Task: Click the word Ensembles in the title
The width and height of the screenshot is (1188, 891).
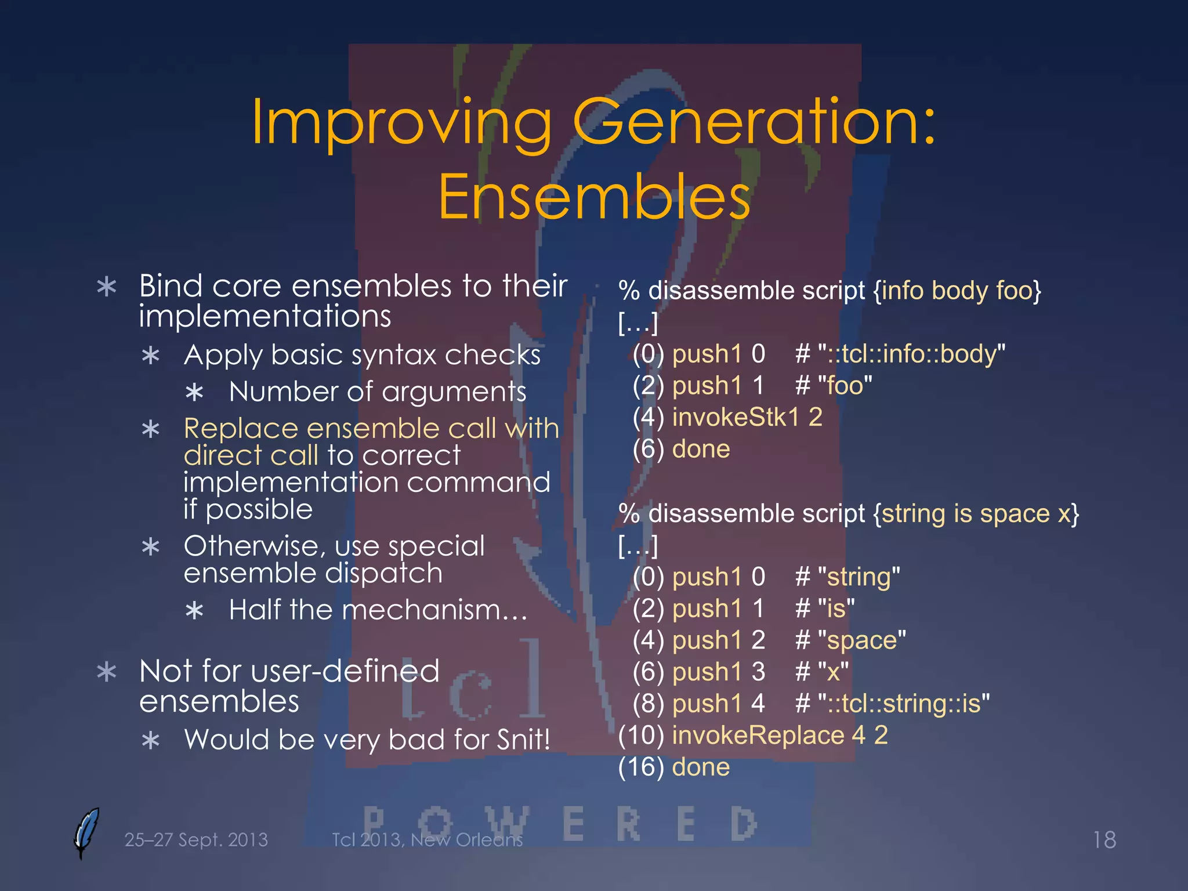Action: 594,197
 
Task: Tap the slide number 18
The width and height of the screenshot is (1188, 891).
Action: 1104,839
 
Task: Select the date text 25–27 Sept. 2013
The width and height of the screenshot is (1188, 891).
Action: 196,839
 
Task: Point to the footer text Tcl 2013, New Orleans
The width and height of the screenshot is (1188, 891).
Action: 427,839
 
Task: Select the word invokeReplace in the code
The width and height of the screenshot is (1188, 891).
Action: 758,735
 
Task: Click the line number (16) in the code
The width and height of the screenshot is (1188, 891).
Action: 641,767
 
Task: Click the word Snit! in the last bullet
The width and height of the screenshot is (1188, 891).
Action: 523,740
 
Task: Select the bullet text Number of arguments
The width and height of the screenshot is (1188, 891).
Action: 377,392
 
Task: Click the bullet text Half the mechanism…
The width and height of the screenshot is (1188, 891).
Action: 378,610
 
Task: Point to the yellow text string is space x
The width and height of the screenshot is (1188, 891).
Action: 976,513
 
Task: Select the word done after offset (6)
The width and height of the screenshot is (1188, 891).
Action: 701,449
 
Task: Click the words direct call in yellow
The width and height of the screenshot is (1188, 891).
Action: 251,455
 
